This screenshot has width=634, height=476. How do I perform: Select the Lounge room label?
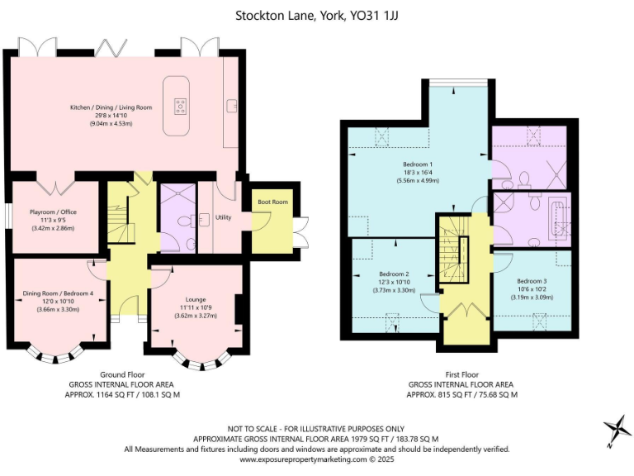pyautogui.click(x=196, y=299)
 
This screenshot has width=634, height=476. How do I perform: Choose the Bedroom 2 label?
pyautogui.click(x=395, y=274)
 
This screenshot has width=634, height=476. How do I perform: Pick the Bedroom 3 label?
pyautogui.click(x=532, y=281)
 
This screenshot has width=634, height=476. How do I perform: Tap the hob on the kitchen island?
pyautogui.click(x=180, y=105)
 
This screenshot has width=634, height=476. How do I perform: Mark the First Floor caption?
pyautogui.click(x=461, y=374)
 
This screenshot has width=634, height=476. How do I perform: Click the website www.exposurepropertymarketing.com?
pyautogui.click(x=303, y=459)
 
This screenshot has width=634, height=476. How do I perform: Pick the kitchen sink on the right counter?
pyautogui.click(x=231, y=105)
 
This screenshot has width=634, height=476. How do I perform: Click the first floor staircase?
pyautogui.click(x=453, y=248)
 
